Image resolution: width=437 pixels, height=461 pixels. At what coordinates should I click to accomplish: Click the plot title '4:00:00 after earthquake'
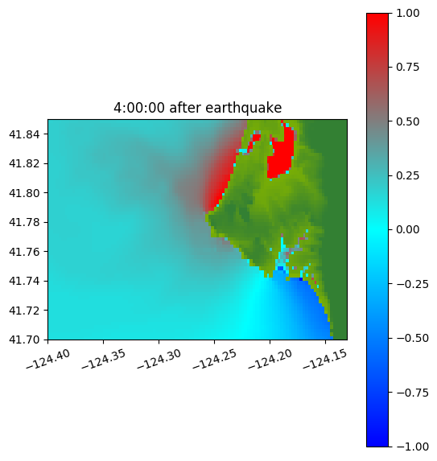[198, 108]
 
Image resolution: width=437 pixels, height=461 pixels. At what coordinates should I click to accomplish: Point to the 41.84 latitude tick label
[24, 134]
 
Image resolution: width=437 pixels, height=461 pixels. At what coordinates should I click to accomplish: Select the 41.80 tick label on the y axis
[24, 193]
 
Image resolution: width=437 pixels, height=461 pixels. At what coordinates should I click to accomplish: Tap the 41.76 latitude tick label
[24, 252]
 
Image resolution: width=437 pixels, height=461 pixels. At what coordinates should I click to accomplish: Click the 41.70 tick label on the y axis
[24, 340]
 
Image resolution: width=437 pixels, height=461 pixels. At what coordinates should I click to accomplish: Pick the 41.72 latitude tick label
[24, 311]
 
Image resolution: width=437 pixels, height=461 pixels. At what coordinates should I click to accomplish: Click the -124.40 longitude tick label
[48, 360]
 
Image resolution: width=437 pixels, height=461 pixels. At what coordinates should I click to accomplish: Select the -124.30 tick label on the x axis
[159, 360]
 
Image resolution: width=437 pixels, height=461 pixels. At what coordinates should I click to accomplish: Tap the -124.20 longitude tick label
[270, 360]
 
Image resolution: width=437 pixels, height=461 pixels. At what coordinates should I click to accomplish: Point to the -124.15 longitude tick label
[325, 360]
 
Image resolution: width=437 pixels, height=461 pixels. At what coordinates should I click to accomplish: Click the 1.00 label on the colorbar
[408, 13]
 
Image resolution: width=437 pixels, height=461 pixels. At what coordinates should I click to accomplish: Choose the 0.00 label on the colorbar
[408, 229]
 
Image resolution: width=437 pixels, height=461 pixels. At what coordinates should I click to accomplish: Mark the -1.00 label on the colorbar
[412, 447]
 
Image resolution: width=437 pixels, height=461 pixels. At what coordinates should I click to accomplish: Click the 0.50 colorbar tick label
[408, 121]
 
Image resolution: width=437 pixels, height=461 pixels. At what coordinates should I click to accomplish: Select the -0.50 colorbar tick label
[412, 338]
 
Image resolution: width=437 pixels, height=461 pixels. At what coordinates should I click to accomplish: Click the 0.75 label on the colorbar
[408, 68]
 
